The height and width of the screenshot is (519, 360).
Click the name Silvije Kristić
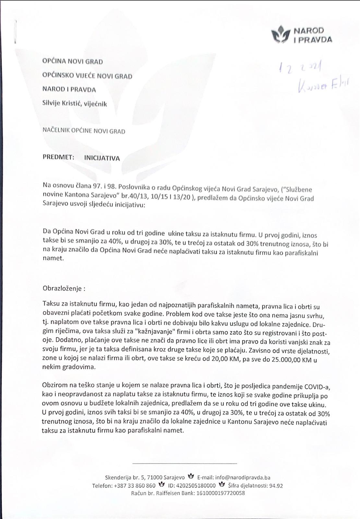62,103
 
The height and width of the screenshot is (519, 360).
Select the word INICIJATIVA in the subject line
102,158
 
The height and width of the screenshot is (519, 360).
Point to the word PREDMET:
58,157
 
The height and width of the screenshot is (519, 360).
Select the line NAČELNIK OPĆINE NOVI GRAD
84,131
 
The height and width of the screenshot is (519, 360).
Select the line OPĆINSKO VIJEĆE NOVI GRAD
87,76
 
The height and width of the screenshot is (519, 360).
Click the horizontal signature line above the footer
185,464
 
